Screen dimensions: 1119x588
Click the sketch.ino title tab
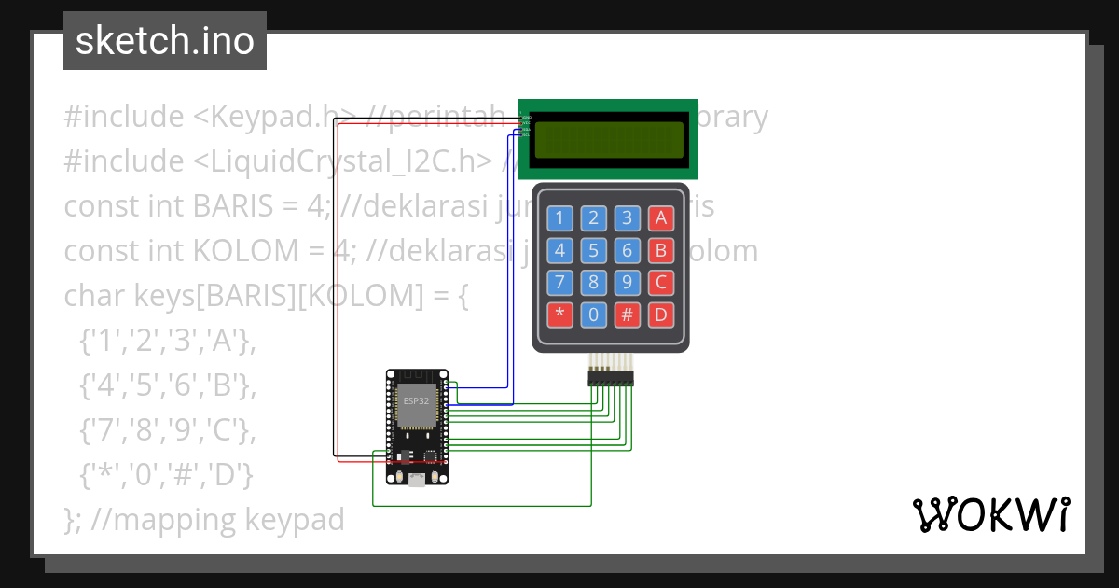pyautogui.click(x=164, y=41)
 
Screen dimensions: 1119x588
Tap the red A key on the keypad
pyautogui.click(x=661, y=218)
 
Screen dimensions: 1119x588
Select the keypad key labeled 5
pyautogui.click(x=593, y=250)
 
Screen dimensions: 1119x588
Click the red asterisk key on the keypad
pyautogui.click(x=559, y=314)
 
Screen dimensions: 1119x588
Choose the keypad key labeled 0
pyautogui.click(x=593, y=314)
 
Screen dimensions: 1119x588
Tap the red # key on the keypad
pyautogui.click(x=627, y=314)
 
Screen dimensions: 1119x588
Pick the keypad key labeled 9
pyautogui.click(x=627, y=282)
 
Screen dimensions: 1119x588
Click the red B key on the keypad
pyautogui.click(x=661, y=250)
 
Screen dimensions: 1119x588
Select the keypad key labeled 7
pyautogui.click(x=559, y=282)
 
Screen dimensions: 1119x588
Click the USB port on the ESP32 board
pyautogui.click(x=416, y=480)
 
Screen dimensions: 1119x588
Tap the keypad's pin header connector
pyautogui.click(x=610, y=378)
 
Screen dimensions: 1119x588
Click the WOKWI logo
pyautogui.click(x=990, y=514)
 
